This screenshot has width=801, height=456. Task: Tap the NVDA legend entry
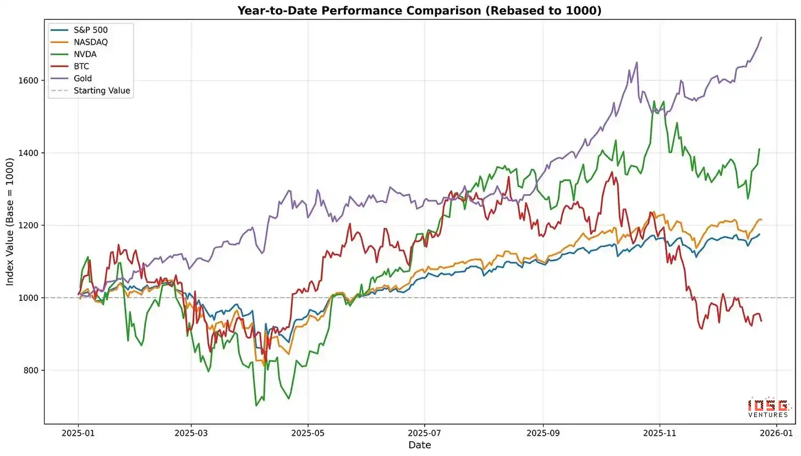coord(85,54)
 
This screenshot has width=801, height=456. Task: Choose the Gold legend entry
coord(83,79)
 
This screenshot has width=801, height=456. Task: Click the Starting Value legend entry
coord(102,91)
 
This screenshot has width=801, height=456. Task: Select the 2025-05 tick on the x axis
coord(308,433)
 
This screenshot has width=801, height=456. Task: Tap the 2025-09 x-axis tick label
coord(543,433)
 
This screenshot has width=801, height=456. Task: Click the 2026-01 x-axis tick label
coord(776,433)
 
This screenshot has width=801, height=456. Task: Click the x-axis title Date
coord(419,445)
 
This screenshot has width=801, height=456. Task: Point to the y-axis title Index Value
coord(10,222)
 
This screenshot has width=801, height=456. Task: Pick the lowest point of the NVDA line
coord(256,405)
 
